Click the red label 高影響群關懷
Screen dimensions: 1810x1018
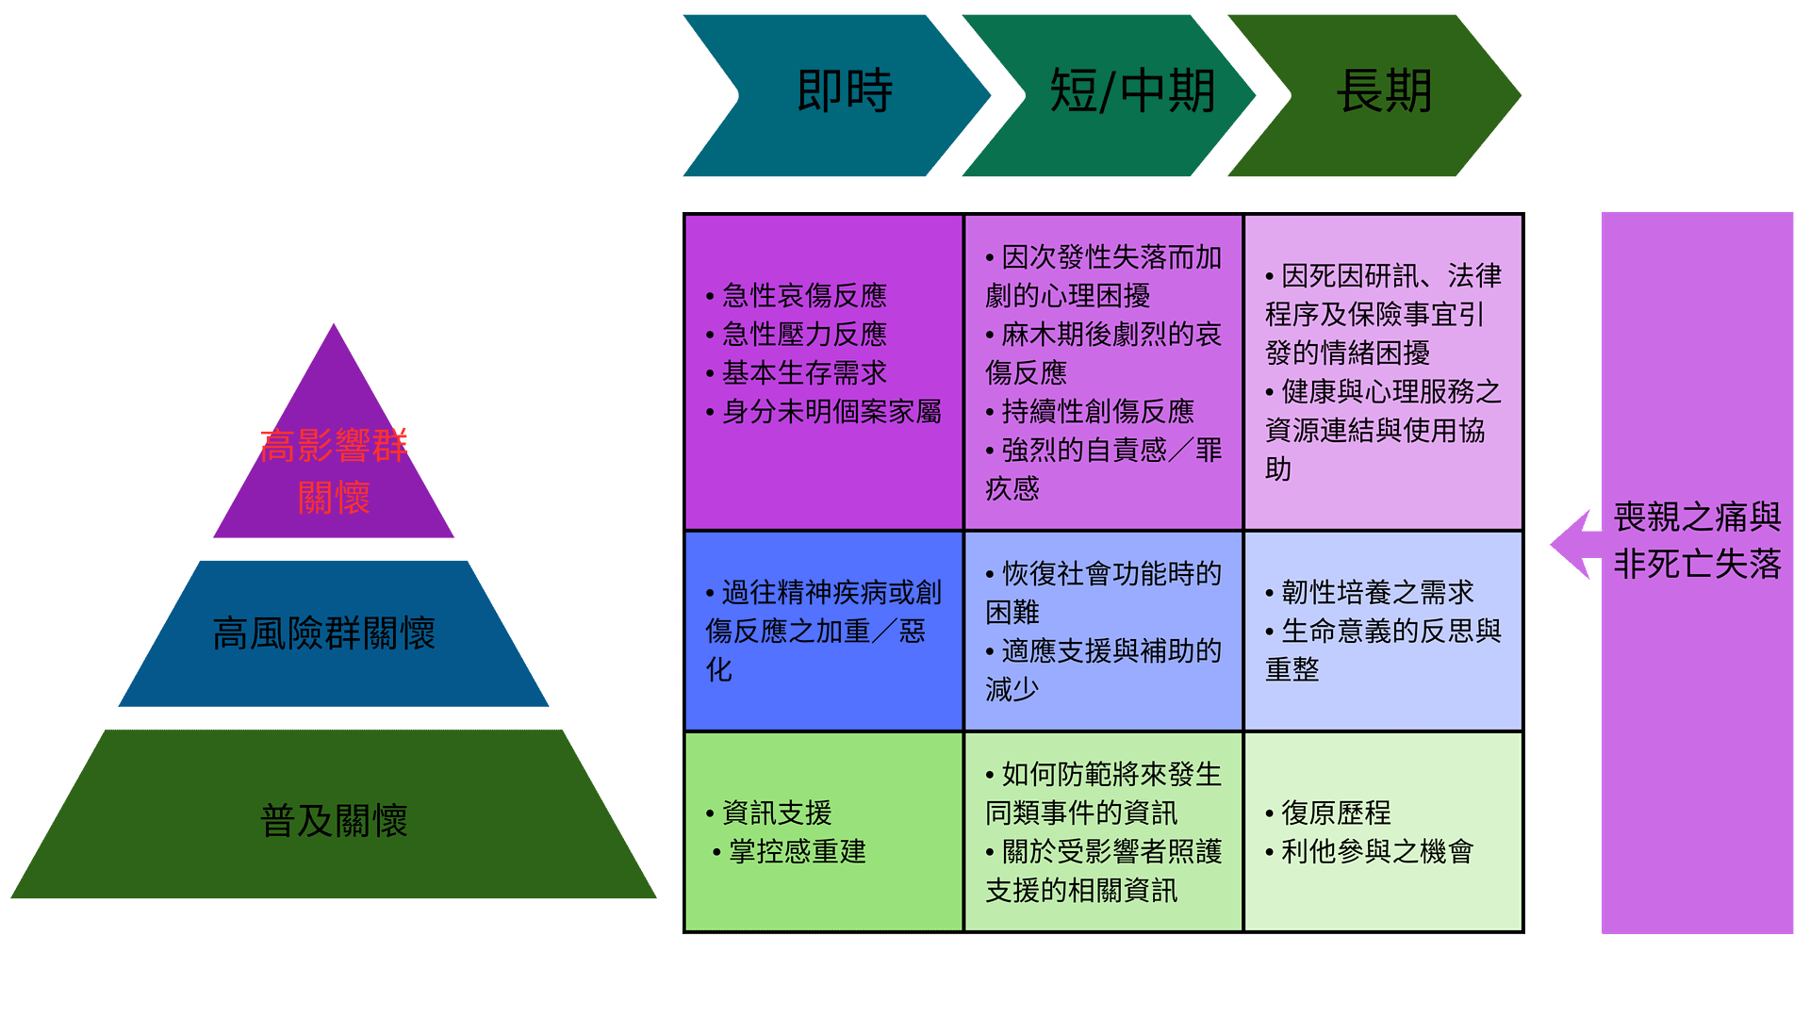coord(334,471)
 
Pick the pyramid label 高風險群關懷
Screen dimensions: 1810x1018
coord(324,633)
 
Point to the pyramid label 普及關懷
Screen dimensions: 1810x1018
coord(334,820)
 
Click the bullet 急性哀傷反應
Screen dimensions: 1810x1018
coord(797,296)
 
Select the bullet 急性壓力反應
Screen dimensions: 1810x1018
coord(797,335)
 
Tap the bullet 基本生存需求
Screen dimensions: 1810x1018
coord(797,373)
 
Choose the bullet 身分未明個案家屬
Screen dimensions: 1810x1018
coord(824,412)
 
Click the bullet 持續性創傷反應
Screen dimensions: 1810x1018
coord(1090,412)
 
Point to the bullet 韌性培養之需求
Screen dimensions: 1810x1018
coord(1370,593)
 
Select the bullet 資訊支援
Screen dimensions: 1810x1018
coord(769,813)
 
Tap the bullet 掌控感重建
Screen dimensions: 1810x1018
coord(789,852)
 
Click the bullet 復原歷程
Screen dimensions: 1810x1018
coord(1328,813)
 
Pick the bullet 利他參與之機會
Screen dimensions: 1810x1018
coord(1370,852)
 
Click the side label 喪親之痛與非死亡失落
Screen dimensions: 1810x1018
coord(1697,540)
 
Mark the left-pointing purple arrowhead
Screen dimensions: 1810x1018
coord(1571,545)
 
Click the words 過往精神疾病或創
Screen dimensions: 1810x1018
coord(824,593)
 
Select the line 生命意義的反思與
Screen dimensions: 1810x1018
coord(1383,632)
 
